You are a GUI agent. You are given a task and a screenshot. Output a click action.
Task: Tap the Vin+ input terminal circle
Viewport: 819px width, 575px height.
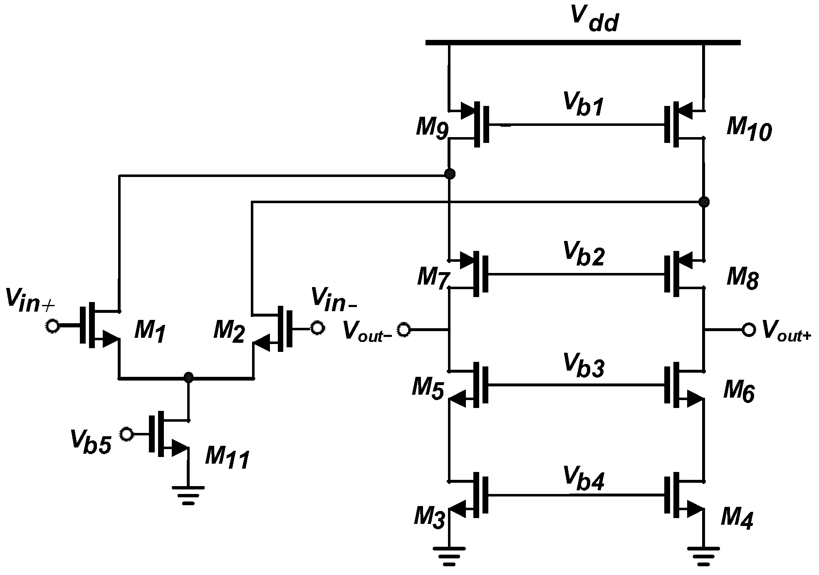coord(52,326)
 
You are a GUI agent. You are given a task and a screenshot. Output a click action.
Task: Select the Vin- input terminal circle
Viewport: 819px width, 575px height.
coord(317,328)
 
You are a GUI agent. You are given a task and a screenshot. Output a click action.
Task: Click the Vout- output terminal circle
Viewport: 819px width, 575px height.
coord(403,330)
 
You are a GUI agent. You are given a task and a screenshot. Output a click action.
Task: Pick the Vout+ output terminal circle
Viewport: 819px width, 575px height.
coord(749,330)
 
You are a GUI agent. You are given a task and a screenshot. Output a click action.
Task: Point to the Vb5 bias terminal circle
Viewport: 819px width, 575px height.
coord(126,434)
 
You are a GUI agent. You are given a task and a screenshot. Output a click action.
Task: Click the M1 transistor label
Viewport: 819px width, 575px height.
coord(150,332)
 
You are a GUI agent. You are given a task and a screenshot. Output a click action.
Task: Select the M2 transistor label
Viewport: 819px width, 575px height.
coord(229,332)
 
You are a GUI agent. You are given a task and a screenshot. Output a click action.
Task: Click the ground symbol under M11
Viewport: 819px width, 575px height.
coord(188,494)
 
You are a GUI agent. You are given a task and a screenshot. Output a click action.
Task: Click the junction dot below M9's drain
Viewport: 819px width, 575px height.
coord(449,174)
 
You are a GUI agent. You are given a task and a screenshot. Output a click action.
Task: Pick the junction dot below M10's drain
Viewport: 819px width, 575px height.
coord(704,202)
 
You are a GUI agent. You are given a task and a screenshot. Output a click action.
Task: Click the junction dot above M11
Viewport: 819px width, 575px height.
coord(188,377)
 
